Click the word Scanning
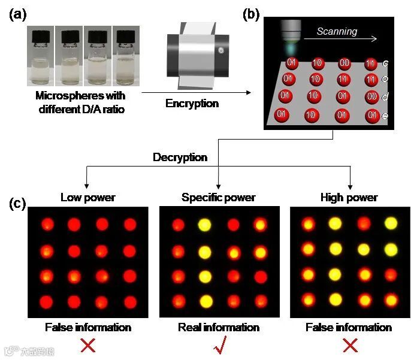(336, 31)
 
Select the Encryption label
(192, 103)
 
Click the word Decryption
(180, 158)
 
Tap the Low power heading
(87, 197)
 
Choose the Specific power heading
(219, 197)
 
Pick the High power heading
(349, 197)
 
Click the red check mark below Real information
(219, 346)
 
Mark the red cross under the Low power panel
(88, 345)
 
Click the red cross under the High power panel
(349, 345)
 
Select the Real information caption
(219, 327)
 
